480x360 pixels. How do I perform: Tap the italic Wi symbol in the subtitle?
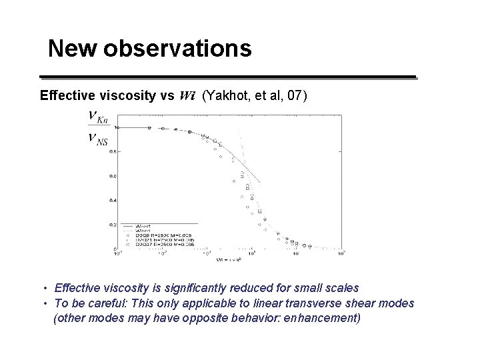click(x=187, y=96)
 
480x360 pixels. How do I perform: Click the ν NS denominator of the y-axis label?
click(x=97, y=139)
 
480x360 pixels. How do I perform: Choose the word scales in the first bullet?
click(x=341, y=288)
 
